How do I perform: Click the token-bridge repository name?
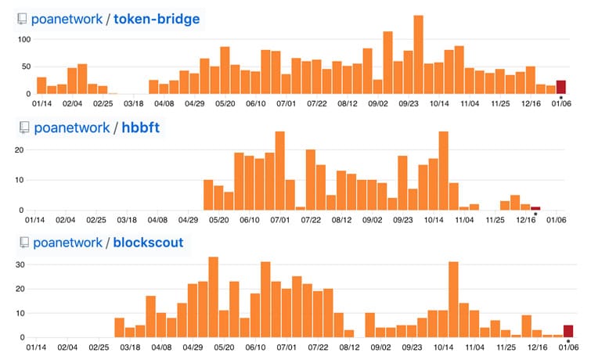(x=157, y=19)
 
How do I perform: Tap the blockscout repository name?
(x=149, y=243)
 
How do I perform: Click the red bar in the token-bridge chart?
(x=561, y=87)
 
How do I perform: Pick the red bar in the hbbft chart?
(x=535, y=208)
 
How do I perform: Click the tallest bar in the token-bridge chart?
(x=418, y=55)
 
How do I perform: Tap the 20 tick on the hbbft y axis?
(x=22, y=149)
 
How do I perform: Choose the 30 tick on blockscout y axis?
(x=22, y=265)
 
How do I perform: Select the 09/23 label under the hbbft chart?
(x=404, y=221)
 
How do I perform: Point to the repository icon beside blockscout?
(x=23, y=243)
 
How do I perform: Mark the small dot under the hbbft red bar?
(x=535, y=214)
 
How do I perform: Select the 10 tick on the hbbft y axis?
(x=22, y=180)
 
